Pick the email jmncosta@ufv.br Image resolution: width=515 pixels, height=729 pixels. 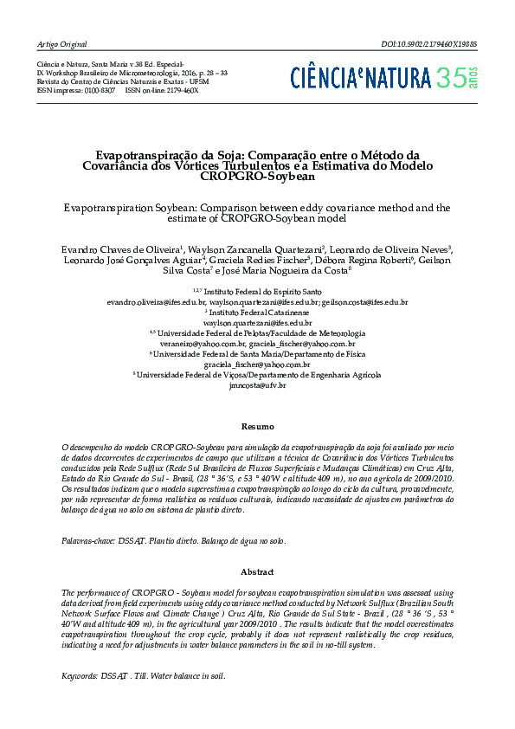257,385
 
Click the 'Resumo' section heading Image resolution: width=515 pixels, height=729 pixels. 257,427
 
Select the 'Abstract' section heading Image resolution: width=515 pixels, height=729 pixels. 257,572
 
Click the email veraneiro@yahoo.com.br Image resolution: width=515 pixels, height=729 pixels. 206,344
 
